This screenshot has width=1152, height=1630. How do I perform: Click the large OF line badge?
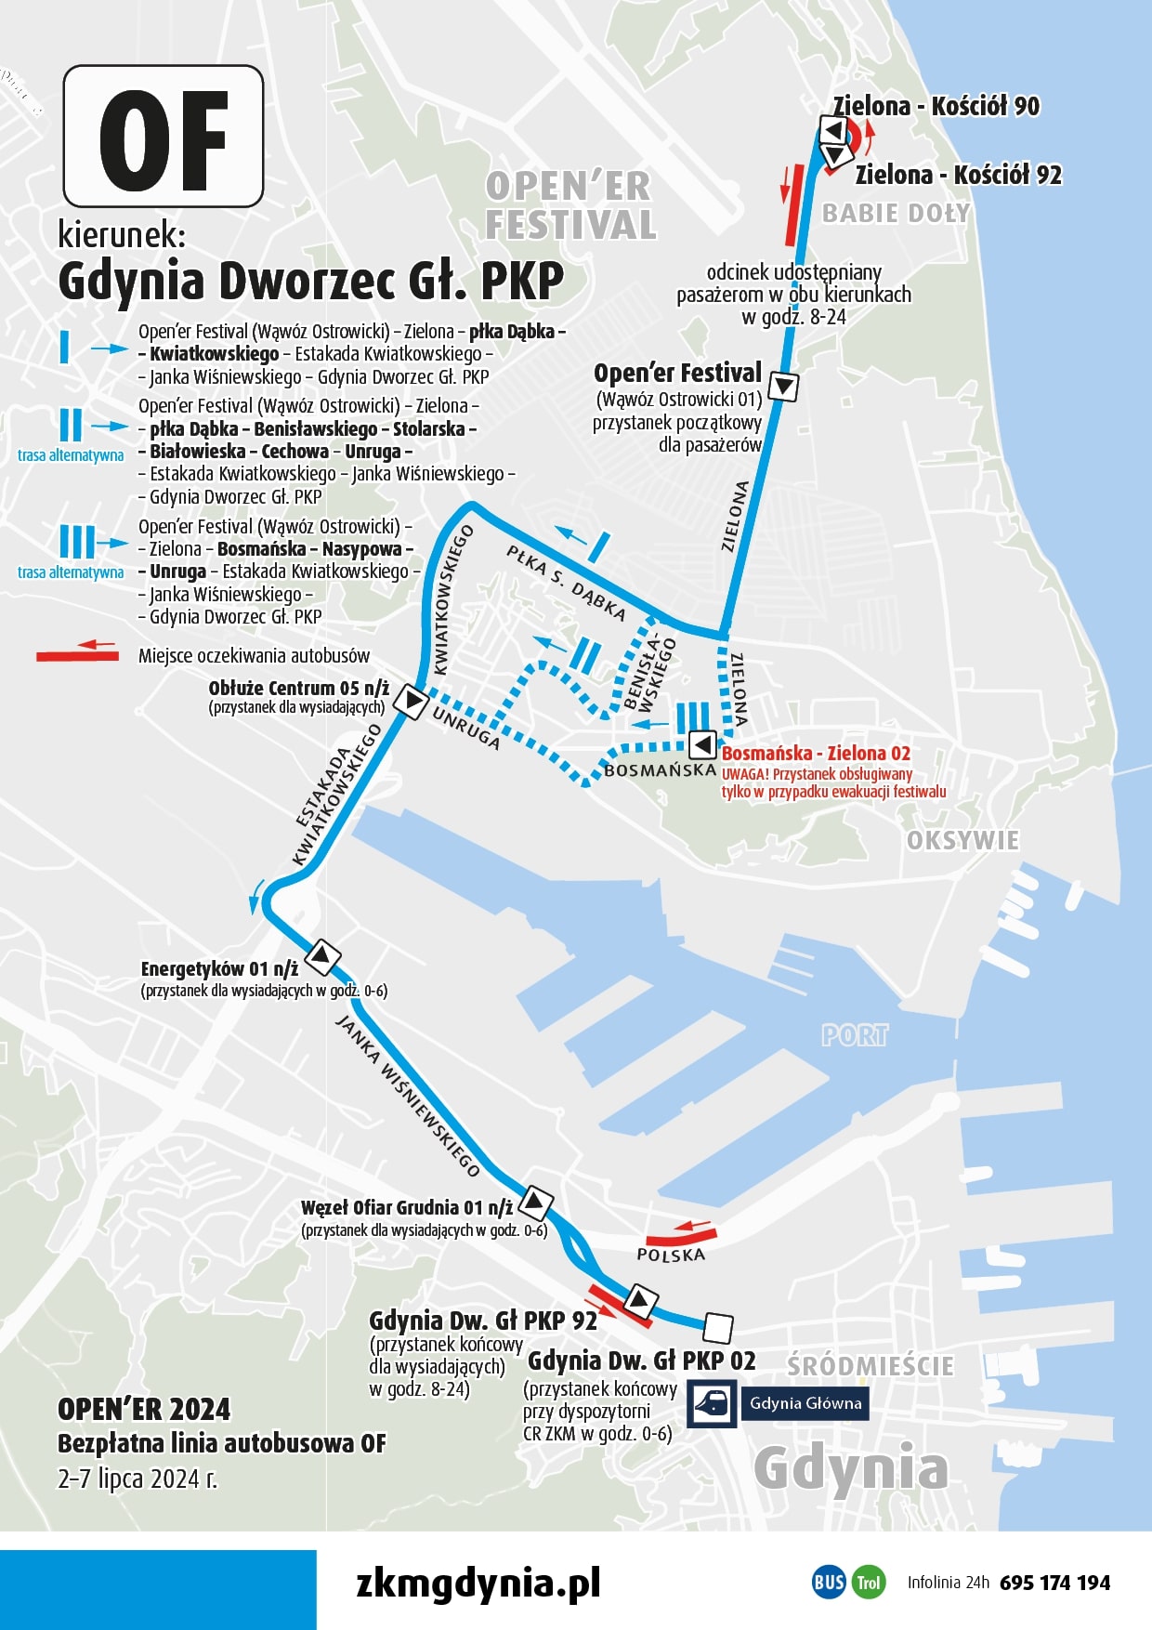click(164, 137)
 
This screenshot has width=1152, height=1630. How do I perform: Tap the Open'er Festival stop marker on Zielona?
click(783, 386)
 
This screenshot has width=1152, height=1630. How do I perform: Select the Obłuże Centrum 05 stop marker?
click(410, 700)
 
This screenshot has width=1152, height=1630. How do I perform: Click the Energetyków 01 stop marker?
click(322, 956)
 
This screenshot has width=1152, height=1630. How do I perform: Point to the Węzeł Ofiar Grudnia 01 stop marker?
click(534, 1203)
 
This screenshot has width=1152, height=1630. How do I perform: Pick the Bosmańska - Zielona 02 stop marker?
click(702, 744)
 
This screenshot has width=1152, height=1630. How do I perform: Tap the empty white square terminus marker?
click(717, 1328)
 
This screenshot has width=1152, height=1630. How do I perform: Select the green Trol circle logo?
click(868, 1582)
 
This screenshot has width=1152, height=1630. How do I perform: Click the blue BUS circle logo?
click(829, 1582)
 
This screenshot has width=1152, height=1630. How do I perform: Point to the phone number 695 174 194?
click(1054, 1583)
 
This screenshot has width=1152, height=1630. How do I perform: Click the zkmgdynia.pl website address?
click(478, 1582)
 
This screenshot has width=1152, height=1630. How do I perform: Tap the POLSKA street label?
click(671, 1255)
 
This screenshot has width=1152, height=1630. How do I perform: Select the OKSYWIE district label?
click(962, 841)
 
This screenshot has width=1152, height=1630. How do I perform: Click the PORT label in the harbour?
click(855, 1035)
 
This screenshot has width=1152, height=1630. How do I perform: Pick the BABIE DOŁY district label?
click(896, 214)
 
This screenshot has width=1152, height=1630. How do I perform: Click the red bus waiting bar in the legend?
click(77, 655)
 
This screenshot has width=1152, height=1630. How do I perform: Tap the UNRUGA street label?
click(466, 728)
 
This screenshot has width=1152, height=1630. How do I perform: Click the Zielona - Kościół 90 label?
click(936, 106)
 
